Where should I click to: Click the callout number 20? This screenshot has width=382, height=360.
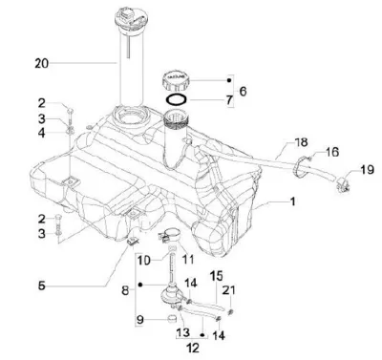pyautogui.click(x=42, y=63)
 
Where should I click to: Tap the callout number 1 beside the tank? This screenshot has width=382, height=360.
pyautogui.click(x=292, y=201)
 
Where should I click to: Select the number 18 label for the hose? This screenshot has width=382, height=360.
pyautogui.click(x=301, y=142)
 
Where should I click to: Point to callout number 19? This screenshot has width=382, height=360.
pyautogui.click(x=368, y=169)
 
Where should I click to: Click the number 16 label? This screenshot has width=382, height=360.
pyautogui.click(x=331, y=152)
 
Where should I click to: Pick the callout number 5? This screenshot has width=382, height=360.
pyautogui.click(x=42, y=286)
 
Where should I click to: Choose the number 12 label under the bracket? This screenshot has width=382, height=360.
pyautogui.click(x=193, y=348)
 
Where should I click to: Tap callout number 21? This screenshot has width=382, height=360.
pyautogui.click(x=229, y=290)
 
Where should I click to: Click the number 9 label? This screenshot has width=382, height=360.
pyautogui.click(x=139, y=319)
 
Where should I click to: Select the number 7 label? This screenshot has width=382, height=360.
pyautogui.click(x=229, y=100)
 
